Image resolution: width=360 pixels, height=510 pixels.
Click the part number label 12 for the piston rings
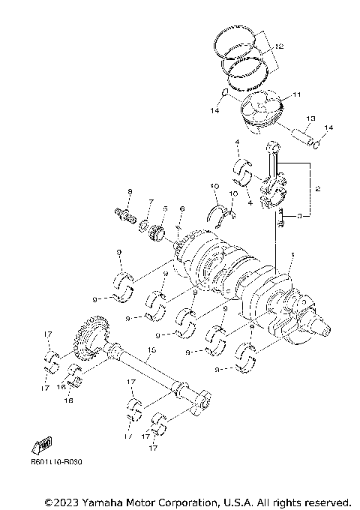[279, 47]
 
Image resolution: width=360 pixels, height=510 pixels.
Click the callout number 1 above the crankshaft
[292, 255]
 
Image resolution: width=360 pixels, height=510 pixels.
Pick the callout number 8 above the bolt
[129, 193]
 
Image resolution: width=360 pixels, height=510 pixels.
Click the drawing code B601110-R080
[56, 462]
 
